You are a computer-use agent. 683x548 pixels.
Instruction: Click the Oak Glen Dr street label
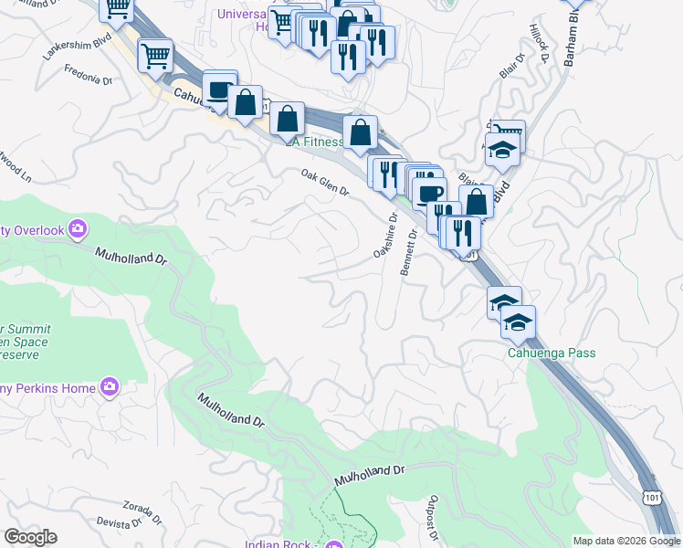coord(325,183)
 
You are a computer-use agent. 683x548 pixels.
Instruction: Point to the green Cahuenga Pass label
coord(552,353)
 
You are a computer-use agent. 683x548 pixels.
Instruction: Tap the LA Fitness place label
coord(314,142)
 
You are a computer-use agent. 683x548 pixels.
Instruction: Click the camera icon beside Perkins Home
coord(110,388)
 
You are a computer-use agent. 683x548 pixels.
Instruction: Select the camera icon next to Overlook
coord(79,228)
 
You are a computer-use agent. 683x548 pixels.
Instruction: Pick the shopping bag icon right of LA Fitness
coord(361,132)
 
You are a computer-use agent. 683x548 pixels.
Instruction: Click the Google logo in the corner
coord(30,537)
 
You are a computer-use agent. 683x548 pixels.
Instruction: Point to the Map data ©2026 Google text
coord(625,541)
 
